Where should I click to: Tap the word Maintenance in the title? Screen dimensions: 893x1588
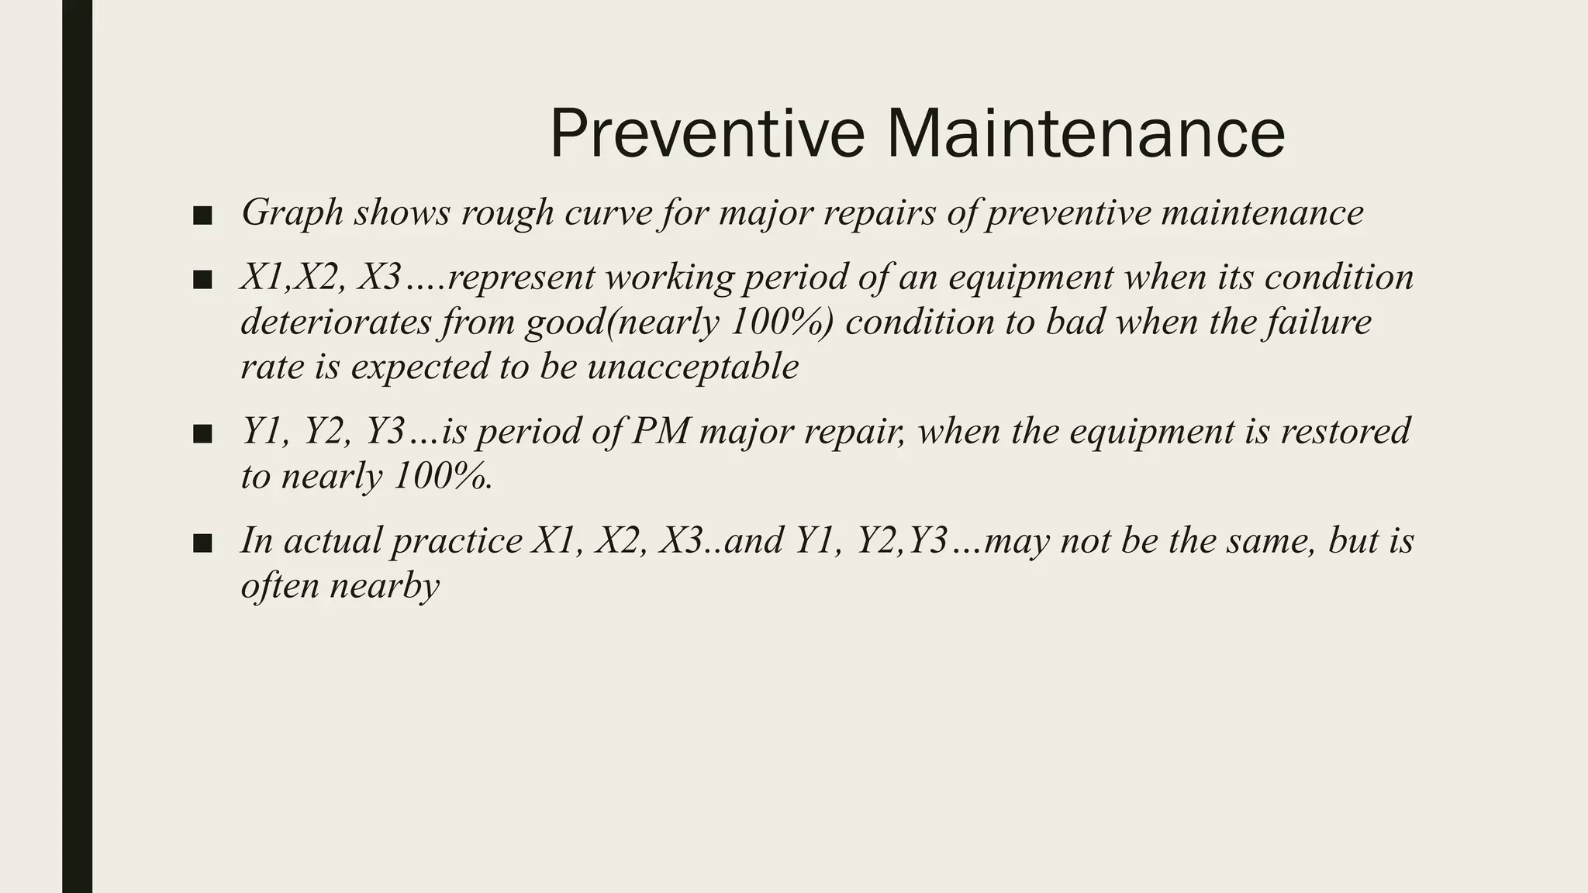[x=1086, y=134]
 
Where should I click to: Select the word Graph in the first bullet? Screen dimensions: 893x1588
[x=292, y=213]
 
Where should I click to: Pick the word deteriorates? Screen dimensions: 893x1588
[x=336, y=322]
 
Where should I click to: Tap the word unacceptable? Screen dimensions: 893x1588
[x=692, y=367]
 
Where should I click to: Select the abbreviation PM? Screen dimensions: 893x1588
[x=661, y=432]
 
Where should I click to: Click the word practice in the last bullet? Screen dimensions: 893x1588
[x=457, y=541]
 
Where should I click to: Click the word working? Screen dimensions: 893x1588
[x=668, y=278]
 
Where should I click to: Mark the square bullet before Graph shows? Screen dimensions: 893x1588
[x=202, y=215]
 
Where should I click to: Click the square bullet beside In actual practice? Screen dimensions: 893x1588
[x=202, y=543]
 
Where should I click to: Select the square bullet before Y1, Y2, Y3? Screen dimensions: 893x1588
[x=202, y=434]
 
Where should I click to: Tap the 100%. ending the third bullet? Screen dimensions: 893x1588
[x=443, y=476]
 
